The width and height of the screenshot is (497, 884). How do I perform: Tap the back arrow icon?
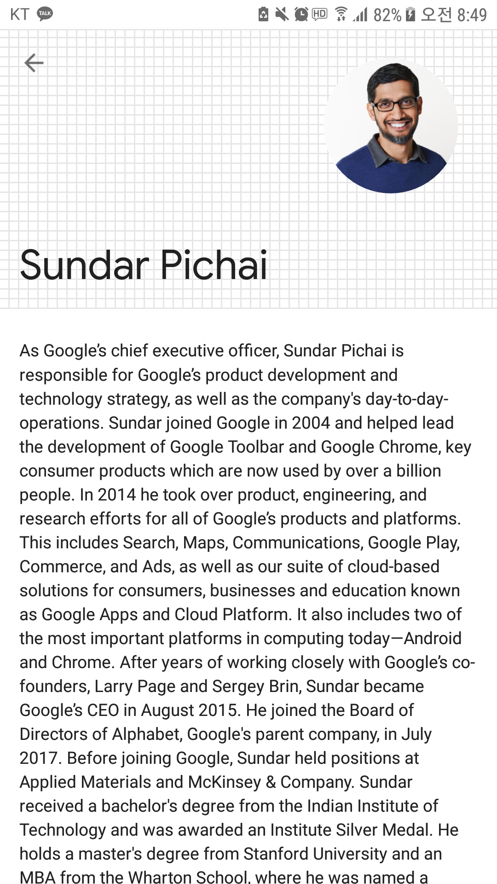[x=34, y=63]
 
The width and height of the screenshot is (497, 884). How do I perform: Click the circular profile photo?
[x=391, y=125]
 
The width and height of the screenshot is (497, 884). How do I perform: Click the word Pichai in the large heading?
[x=214, y=265]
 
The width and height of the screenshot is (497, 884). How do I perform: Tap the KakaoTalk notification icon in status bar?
[x=45, y=14]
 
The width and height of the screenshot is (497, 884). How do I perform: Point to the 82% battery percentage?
[x=387, y=15]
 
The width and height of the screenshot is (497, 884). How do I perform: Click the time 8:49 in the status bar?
[x=472, y=15]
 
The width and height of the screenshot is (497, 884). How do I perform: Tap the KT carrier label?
[x=19, y=14]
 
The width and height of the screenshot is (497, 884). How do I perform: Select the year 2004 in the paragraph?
[x=311, y=423]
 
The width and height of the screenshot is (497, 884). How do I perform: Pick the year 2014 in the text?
[x=116, y=494]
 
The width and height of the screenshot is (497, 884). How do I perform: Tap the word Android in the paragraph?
[x=433, y=638]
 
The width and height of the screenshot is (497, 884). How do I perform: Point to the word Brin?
[x=285, y=686]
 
